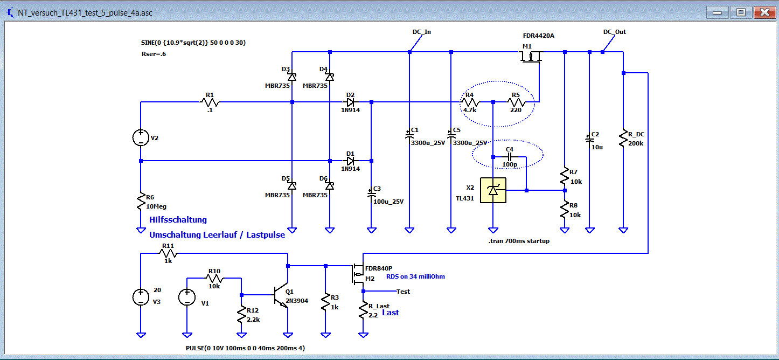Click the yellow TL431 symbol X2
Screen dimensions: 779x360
point(493,190)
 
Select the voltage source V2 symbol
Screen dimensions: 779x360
point(141,138)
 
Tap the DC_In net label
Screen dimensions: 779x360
point(421,32)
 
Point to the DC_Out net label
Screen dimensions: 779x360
point(614,32)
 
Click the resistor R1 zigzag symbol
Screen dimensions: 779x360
point(210,102)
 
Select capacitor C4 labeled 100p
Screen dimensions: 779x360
point(510,157)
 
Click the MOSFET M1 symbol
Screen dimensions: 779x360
point(531,57)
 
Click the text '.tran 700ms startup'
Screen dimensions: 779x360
point(519,241)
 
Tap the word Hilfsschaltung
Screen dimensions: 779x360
point(178,220)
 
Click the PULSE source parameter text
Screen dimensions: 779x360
point(245,348)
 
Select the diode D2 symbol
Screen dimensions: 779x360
point(350,102)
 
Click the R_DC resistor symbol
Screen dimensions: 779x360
point(623,139)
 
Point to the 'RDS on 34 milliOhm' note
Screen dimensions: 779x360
point(415,276)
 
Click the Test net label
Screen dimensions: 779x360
point(403,292)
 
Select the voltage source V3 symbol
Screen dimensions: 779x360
point(141,297)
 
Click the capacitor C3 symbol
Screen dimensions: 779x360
point(371,194)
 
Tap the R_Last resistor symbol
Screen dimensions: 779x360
point(363,310)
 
